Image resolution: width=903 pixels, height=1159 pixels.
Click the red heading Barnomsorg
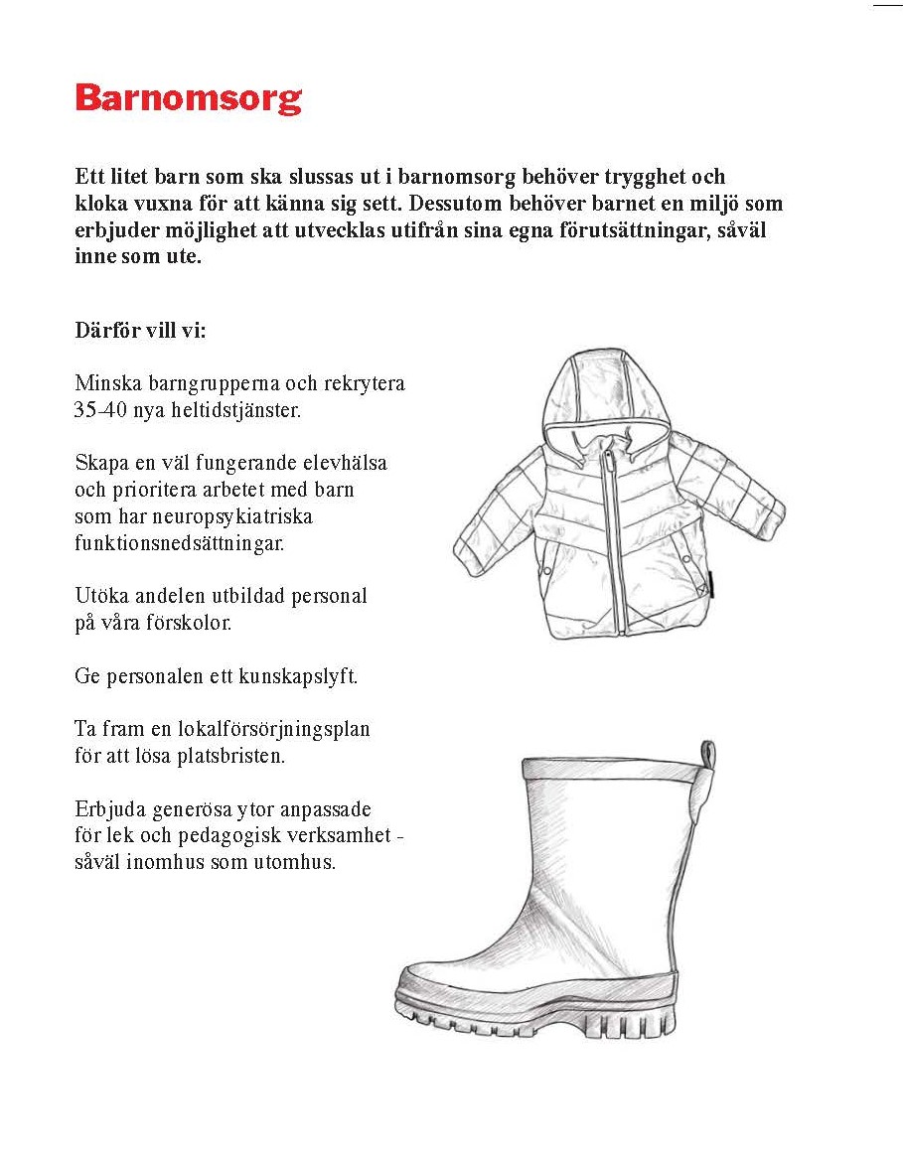pyautogui.click(x=188, y=99)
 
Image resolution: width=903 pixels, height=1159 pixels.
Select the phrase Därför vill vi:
pyautogui.click(x=140, y=330)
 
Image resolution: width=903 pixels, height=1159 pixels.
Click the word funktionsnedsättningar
pyautogui.click(x=179, y=543)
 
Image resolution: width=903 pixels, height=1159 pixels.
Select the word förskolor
pyautogui.click(x=188, y=623)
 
